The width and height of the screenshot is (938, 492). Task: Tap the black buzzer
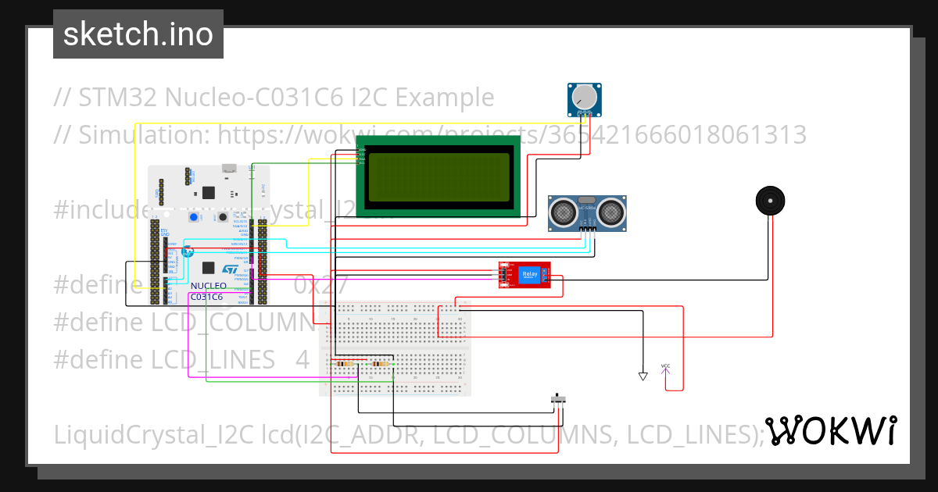pos(770,201)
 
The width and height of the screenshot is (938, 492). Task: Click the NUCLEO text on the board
pos(208,287)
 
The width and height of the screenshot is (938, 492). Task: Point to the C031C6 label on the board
pos(207,297)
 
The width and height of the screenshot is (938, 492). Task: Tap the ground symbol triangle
pos(643,376)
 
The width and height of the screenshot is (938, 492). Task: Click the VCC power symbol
pos(665,367)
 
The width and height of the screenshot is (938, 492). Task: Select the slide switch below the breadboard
pos(558,399)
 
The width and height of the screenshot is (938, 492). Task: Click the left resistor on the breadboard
pos(343,364)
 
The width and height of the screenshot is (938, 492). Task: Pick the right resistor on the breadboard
pos(381,364)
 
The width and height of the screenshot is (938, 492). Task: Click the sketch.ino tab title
pos(138,34)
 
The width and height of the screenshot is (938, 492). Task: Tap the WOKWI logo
pos(830,430)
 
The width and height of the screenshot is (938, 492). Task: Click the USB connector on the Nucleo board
pos(229,168)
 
